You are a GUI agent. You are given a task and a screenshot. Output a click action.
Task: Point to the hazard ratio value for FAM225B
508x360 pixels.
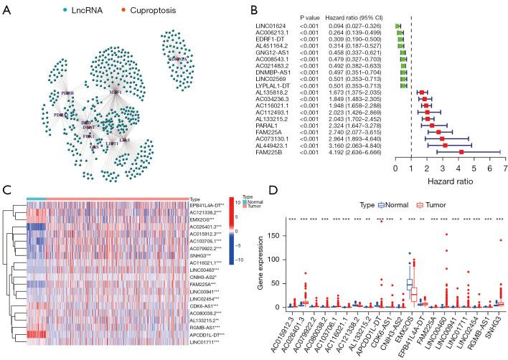(361, 152)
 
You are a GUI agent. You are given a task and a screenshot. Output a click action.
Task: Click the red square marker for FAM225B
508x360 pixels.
(461, 152)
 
